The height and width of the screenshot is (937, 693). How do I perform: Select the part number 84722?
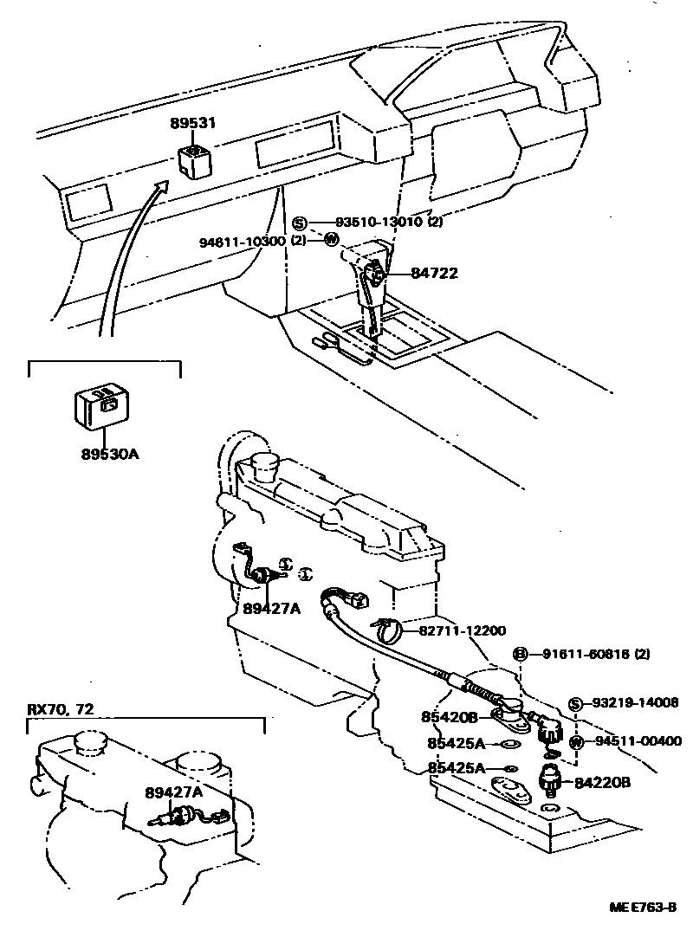(434, 274)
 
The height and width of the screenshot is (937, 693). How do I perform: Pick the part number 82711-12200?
(463, 631)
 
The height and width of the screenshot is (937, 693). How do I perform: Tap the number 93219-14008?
(637, 703)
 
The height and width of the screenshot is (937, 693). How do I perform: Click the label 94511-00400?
(638, 741)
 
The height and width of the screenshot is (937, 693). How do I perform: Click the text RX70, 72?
(61, 709)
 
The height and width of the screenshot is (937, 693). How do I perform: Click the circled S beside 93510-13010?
(299, 223)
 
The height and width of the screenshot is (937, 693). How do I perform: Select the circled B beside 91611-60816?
(521, 653)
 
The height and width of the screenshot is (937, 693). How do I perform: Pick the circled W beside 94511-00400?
(577, 742)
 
